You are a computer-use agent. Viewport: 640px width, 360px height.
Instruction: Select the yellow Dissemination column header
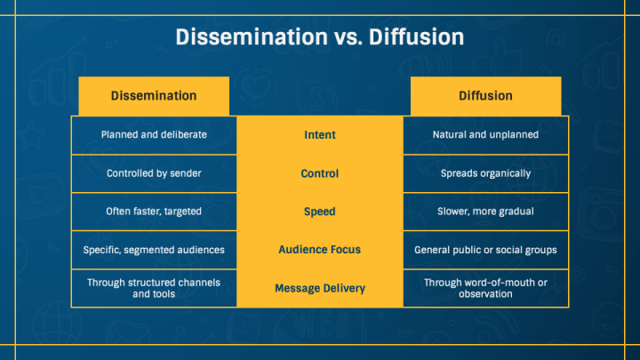[x=154, y=95]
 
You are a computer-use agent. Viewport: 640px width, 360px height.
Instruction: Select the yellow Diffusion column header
[x=485, y=95]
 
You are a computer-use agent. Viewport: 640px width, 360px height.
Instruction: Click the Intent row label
[x=320, y=135]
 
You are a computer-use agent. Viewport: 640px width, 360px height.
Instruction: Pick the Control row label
[x=320, y=173]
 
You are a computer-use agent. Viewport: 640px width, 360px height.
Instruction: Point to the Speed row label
[x=320, y=212]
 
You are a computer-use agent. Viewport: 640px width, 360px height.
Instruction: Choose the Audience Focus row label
[x=320, y=250]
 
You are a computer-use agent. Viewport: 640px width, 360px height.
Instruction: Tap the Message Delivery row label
[x=320, y=288]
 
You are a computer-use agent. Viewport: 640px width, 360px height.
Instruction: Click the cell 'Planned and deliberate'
[x=154, y=135]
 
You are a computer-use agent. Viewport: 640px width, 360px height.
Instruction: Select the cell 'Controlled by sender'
[x=154, y=173]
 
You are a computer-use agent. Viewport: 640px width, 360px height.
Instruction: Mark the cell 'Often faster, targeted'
[x=154, y=212]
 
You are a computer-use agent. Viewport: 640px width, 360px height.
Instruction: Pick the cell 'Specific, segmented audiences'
[x=154, y=250]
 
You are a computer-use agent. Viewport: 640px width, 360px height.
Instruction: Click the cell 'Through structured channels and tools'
[x=154, y=288]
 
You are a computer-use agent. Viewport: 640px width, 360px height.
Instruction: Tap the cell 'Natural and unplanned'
[x=485, y=135]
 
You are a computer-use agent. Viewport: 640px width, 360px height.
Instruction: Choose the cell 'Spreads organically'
[x=485, y=173]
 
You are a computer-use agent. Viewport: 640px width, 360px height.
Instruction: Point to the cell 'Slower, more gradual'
[x=485, y=212]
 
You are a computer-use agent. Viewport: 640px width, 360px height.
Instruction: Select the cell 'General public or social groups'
[x=485, y=250]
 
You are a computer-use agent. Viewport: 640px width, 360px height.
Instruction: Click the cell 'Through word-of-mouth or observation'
[x=485, y=288]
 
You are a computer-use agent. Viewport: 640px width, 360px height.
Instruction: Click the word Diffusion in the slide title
[x=412, y=37]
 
